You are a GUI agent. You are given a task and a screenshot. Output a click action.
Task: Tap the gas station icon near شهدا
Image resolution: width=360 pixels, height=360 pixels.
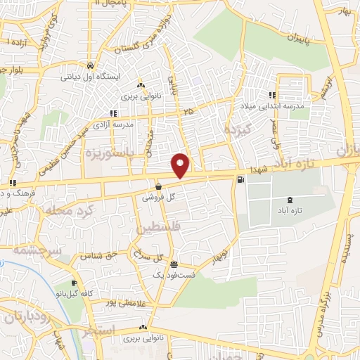(x=242, y=181)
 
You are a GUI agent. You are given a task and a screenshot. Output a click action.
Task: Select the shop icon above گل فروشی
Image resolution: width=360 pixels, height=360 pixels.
(x=159, y=187)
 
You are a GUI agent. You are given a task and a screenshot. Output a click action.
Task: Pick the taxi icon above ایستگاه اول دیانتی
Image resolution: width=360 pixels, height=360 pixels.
(x=91, y=64)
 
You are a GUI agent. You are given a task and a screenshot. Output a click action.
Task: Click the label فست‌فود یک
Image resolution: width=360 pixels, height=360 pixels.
(x=173, y=273)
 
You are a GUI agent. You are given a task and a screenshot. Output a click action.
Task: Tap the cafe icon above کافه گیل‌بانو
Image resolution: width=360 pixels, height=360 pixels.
(x=75, y=283)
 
